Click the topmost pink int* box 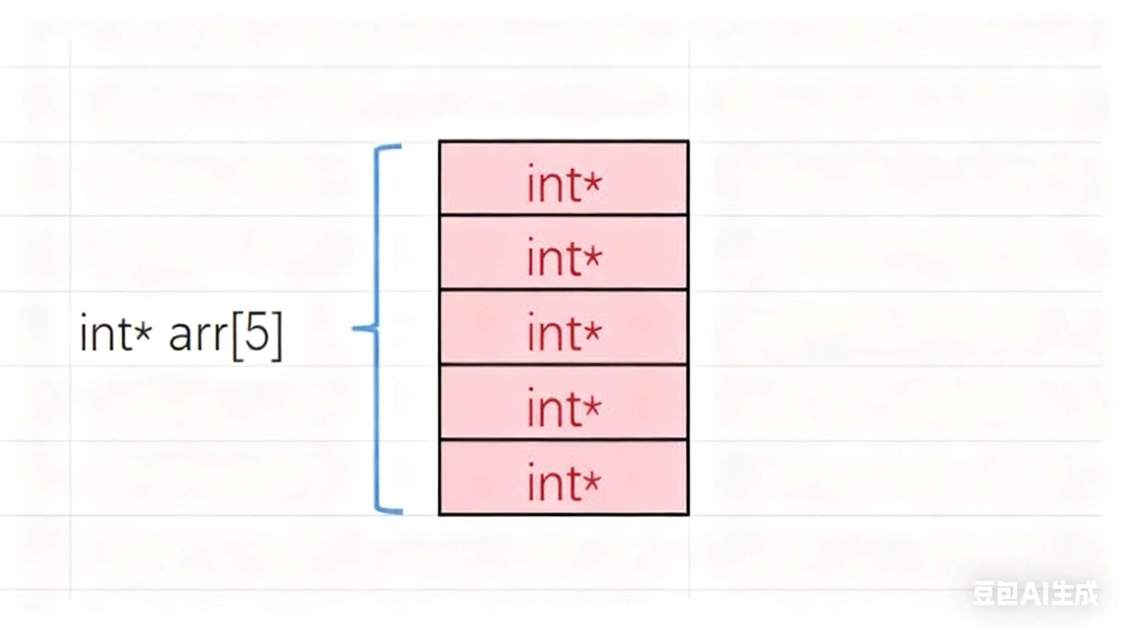(x=563, y=179)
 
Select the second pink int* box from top (x=563, y=253)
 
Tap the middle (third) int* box (x=563, y=327)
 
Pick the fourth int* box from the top (x=563, y=402)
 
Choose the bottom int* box (x=563, y=478)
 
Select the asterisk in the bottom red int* (x=592, y=482)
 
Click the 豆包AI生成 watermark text (x=1034, y=593)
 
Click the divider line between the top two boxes (x=563, y=215)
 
